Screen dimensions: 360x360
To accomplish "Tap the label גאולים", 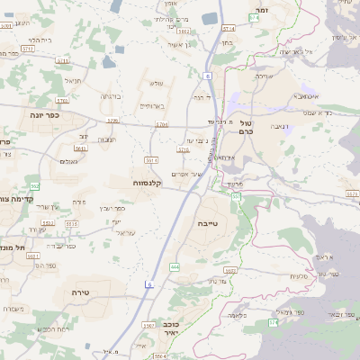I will click(68, 161).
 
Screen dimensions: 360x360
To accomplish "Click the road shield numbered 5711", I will click(63, 60).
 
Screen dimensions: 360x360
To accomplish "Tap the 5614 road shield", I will click(151, 160).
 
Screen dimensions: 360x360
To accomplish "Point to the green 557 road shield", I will click(237, 195).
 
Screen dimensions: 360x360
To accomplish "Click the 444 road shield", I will click(174, 267).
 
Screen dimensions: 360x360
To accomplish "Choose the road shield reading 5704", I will click(162, 124).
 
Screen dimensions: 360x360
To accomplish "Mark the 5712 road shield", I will click(29, 49).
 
